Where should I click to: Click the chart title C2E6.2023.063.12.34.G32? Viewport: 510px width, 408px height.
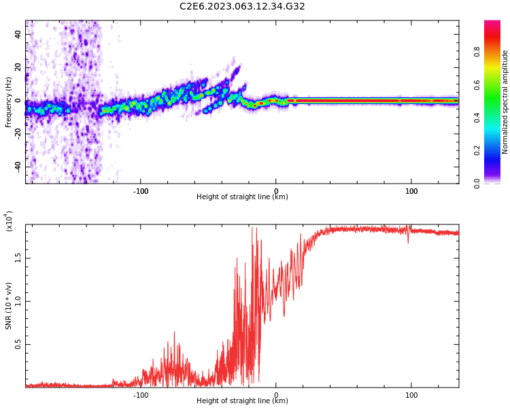point(242,7)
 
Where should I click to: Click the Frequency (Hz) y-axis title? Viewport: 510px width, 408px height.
point(9,101)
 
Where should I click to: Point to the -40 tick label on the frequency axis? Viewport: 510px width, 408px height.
point(17,167)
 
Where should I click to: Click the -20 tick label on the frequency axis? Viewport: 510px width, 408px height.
point(17,134)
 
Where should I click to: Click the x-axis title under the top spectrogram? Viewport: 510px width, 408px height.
point(242,197)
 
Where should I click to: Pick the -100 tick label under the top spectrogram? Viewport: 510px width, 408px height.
point(140,191)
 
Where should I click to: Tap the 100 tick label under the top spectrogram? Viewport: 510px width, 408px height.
point(411,191)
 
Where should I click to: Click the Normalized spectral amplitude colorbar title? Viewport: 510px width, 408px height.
point(505,102)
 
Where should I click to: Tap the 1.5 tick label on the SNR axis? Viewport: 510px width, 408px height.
point(17,258)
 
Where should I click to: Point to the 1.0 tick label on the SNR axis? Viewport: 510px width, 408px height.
point(17,301)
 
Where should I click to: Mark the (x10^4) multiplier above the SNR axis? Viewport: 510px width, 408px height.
point(9,221)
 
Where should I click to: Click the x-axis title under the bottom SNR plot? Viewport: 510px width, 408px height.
point(242,401)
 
